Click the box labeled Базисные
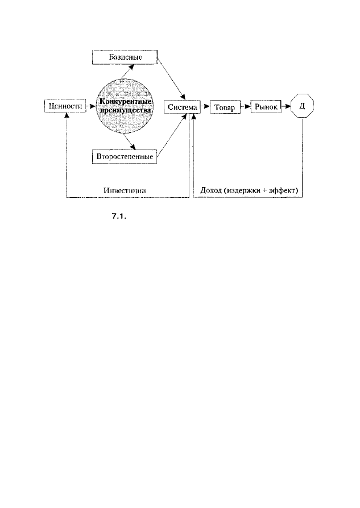click(x=125, y=57)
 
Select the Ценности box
click(x=65, y=106)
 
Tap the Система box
click(x=182, y=107)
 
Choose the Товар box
click(x=225, y=107)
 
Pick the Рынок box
click(x=266, y=106)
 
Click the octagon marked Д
click(x=302, y=106)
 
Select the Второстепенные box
click(x=125, y=157)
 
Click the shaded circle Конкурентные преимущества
click(x=125, y=106)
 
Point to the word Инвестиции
click(x=125, y=190)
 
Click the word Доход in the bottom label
click(x=211, y=190)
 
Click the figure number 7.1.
click(x=119, y=216)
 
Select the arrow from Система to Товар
click(x=205, y=106)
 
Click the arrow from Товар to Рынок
click(x=246, y=106)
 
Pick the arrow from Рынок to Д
click(x=285, y=106)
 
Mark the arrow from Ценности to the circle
click(x=91, y=106)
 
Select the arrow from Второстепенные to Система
click(x=172, y=136)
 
